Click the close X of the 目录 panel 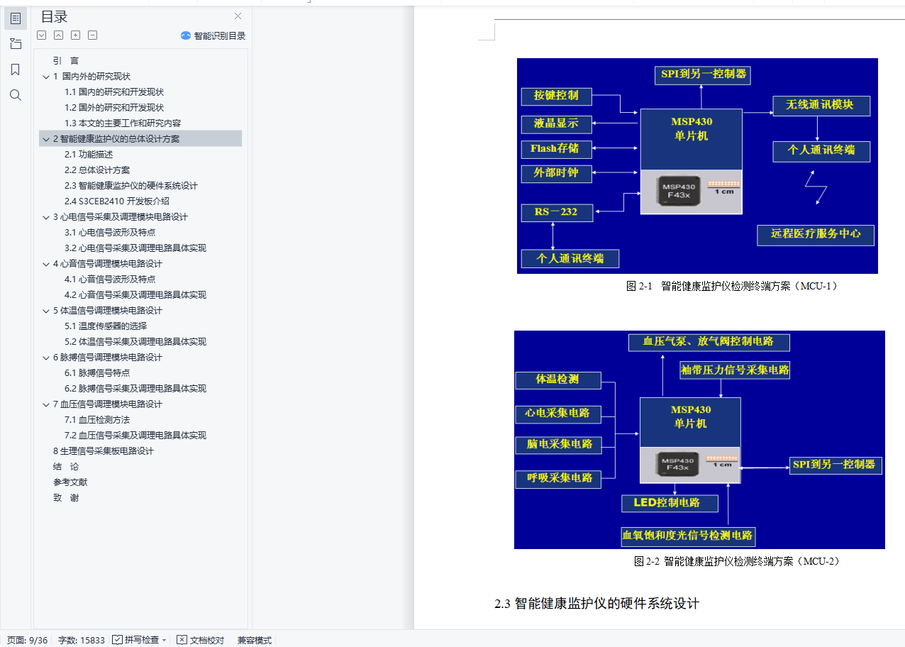pos(238,16)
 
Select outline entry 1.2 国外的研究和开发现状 pos(114,108)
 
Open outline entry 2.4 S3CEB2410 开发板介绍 pos(117,201)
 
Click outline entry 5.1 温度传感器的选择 pos(106,326)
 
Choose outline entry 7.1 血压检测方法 pos(97,420)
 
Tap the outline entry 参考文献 pos(70,482)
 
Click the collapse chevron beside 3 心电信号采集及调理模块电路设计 pos(46,217)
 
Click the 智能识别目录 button pos(213,36)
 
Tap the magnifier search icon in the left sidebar pos(16,95)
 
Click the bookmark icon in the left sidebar pos(16,70)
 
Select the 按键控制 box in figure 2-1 pos(556,96)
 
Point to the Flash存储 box pos(556,149)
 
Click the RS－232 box pos(557,213)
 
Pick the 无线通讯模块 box pos(821,106)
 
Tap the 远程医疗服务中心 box pos(816,235)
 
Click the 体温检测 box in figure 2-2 pos(558,380)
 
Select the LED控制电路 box pos(670,503)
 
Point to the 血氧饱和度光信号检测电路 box pos(688,536)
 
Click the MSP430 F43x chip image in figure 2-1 pos(679,191)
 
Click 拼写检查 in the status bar pos(139,640)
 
